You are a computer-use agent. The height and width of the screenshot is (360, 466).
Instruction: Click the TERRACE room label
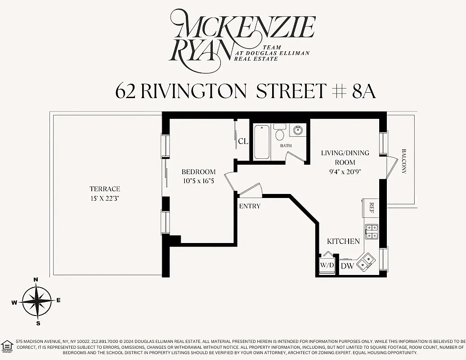105,189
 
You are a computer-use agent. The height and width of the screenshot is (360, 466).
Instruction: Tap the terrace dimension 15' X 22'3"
105,198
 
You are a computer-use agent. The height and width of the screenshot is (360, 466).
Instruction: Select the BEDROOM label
198,172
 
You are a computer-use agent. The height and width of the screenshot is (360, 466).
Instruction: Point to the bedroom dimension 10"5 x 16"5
198,180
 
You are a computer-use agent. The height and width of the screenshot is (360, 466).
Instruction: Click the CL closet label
243,141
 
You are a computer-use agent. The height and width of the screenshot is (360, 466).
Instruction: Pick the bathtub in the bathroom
262,142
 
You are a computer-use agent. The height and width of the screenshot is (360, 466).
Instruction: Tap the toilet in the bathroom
279,133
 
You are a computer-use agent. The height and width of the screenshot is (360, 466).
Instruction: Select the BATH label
286,146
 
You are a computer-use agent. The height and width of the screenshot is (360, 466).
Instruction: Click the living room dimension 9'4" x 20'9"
345,171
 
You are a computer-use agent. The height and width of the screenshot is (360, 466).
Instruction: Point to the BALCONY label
403,162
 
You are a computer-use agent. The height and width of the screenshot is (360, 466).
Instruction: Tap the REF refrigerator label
372,207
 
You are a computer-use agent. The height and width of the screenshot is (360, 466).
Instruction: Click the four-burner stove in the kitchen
372,231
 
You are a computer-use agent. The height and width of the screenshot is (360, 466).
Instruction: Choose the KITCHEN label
343,242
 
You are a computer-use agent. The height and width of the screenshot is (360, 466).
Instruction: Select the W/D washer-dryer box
327,265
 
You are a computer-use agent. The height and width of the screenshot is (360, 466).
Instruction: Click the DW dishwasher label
347,266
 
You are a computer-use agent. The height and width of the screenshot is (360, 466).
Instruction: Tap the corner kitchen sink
365,262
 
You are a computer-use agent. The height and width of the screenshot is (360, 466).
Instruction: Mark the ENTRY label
250,206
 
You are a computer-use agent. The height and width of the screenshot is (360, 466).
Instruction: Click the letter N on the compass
36,280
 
